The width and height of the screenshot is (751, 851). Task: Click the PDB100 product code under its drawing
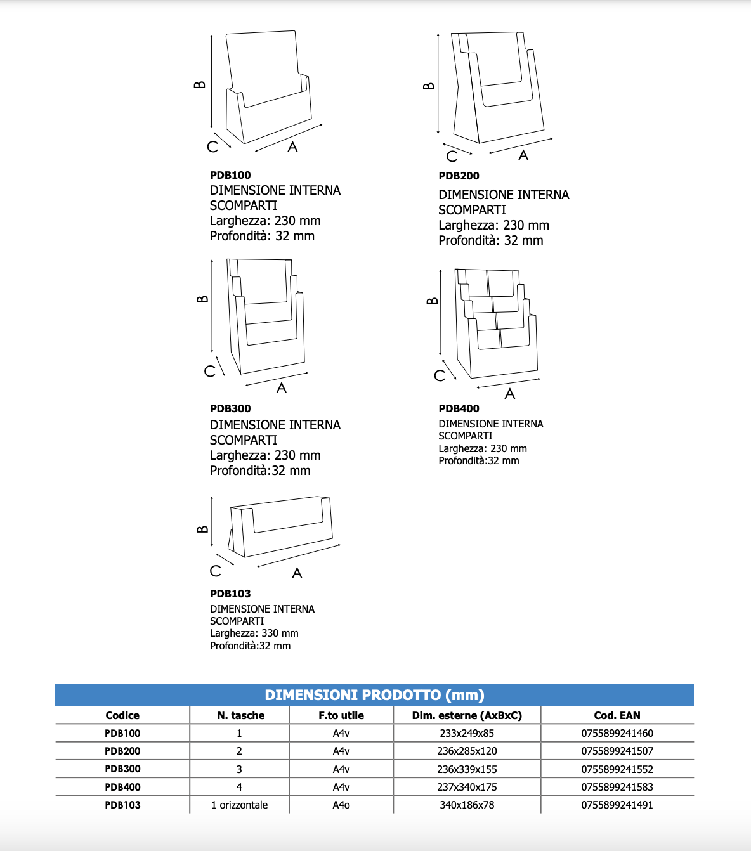(x=230, y=175)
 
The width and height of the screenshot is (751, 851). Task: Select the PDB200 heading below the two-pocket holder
(x=459, y=176)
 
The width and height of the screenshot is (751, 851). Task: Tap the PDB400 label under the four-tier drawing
(x=459, y=408)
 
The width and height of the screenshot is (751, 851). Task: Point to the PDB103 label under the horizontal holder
(x=230, y=594)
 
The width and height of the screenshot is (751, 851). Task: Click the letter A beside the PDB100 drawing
(x=292, y=147)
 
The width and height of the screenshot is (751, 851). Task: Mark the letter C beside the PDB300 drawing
(x=210, y=371)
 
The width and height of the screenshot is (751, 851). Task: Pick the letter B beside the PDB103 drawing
(x=202, y=529)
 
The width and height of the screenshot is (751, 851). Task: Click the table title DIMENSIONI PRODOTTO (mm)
(x=374, y=695)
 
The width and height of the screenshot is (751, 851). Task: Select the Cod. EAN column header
(x=617, y=715)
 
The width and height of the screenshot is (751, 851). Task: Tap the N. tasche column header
(x=240, y=715)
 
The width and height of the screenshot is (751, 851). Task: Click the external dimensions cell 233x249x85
(x=467, y=733)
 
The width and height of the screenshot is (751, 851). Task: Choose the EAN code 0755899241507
(x=617, y=751)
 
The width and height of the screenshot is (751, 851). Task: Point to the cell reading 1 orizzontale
(x=240, y=805)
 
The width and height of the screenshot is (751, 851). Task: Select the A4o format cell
(x=341, y=805)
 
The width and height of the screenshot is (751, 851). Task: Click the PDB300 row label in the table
(x=122, y=769)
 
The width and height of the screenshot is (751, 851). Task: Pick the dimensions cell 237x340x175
(x=467, y=787)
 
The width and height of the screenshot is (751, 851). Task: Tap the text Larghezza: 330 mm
(x=254, y=633)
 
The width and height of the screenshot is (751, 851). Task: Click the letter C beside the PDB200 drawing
(x=452, y=156)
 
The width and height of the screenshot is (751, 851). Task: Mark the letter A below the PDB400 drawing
(x=510, y=394)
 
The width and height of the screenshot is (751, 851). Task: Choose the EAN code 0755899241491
(x=617, y=805)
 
